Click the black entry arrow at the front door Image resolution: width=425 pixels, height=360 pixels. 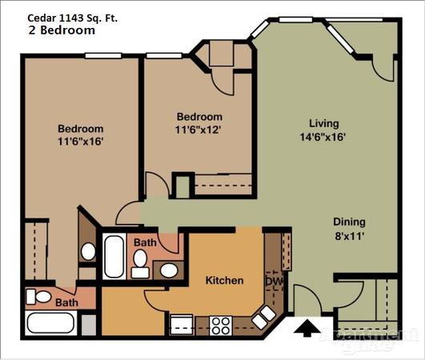307,328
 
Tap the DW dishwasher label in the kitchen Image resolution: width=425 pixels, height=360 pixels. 274,281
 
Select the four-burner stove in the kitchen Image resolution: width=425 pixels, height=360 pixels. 221,326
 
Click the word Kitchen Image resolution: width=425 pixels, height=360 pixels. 224,280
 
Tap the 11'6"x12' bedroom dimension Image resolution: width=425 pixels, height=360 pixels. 198,130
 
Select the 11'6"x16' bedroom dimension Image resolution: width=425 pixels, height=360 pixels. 81,142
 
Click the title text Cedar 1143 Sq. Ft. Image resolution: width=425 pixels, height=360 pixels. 73,18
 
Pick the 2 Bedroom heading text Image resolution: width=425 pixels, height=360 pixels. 62,30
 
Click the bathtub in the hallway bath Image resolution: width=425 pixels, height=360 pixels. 114,256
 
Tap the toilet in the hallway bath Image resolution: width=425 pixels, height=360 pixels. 140,263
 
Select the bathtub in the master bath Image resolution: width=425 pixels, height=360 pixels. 51,323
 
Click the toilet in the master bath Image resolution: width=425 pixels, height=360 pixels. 38,297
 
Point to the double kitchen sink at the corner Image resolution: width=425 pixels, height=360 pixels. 264,317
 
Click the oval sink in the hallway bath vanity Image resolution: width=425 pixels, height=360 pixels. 169,270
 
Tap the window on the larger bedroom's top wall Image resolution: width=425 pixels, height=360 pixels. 103,56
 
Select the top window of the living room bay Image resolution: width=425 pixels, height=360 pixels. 295,19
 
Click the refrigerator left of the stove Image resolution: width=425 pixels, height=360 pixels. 181,325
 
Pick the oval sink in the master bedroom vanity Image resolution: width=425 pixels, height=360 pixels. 88,251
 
